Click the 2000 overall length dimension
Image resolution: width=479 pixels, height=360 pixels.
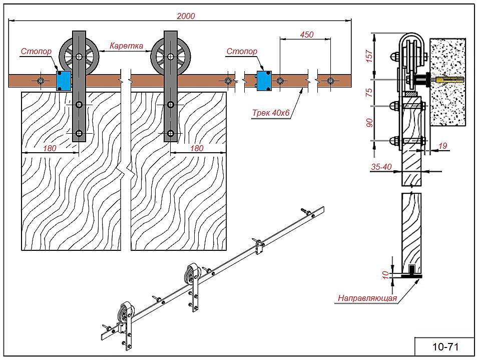tap(186, 16)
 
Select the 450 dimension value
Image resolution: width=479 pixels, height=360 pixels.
tap(306, 35)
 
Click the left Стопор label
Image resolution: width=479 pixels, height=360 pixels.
tap(36, 51)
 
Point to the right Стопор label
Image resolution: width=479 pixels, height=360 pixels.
tap(242, 51)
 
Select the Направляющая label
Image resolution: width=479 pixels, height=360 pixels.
tap(367, 298)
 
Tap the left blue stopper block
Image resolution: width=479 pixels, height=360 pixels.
tap(64, 80)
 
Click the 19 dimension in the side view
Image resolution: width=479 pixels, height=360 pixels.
tap(442, 146)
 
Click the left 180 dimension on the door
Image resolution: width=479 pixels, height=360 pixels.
tap(50, 148)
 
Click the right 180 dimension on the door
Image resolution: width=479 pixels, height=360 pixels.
tap(197, 148)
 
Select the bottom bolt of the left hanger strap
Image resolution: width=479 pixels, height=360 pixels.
tap(79, 134)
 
